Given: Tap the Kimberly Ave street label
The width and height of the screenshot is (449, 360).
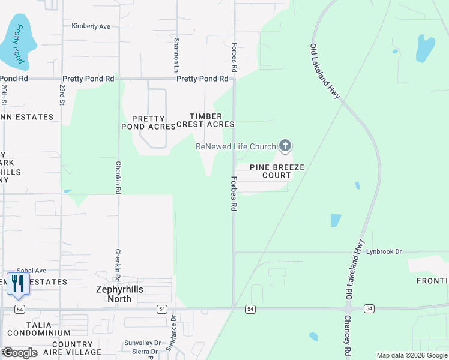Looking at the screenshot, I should (91, 26).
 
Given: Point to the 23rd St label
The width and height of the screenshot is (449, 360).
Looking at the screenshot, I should (62, 94).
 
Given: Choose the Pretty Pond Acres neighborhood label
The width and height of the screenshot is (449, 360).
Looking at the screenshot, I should (148, 122).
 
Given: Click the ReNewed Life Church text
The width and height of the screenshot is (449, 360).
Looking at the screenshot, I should (236, 146).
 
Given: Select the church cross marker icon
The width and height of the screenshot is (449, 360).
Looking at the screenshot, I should (285, 145).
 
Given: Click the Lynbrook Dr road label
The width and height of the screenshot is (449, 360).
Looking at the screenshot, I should (384, 251).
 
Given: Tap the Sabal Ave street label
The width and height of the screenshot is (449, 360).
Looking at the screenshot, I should (32, 271).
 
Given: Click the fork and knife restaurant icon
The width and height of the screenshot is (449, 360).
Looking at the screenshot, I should (17, 283).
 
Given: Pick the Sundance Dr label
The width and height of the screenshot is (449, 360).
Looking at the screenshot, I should (174, 325).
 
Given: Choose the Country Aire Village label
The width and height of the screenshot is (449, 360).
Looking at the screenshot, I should (68, 347).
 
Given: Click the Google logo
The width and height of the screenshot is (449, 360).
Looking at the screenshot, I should (20, 353).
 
